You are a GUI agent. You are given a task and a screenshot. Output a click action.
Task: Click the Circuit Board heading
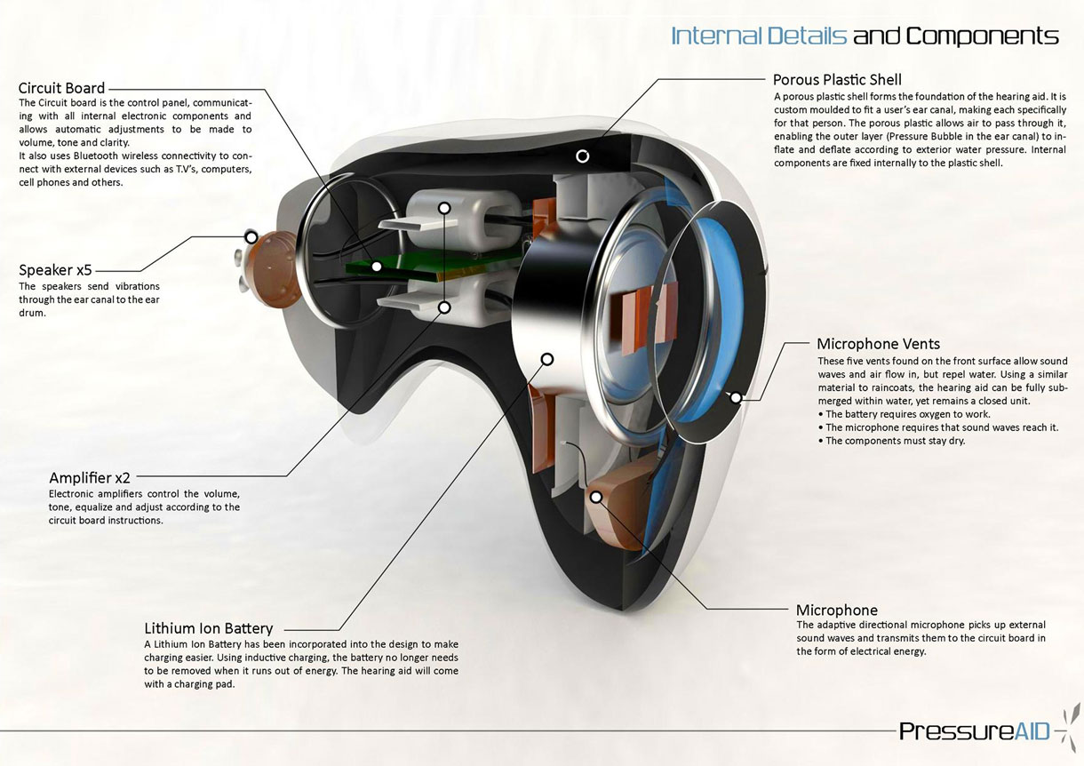[x=61, y=88]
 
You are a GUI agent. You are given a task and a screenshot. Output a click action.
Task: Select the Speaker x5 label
[x=55, y=269]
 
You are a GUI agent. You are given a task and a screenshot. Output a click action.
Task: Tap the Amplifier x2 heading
[x=90, y=478]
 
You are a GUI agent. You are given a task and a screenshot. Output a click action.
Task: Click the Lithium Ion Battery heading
[x=209, y=628]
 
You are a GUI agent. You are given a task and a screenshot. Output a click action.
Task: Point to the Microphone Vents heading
[x=879, y=344]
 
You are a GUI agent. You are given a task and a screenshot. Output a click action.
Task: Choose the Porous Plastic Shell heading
[x=837, y=79]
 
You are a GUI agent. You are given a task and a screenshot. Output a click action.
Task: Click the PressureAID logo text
[x=974, y=730]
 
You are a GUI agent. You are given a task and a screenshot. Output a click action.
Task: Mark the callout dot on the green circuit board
[x=377, y=266]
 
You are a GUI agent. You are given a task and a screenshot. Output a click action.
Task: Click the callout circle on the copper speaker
[x=251, y=237]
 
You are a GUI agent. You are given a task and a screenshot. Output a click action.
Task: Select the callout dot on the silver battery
[x=547, y=360]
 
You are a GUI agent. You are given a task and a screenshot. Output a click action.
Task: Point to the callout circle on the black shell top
[x=583, y=156]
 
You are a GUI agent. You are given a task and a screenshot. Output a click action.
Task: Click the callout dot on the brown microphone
[x=597, y=497]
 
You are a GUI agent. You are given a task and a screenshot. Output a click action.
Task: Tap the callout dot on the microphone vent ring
[x=736, y=398]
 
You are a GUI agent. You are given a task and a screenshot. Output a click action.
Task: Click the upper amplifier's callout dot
[x=444, y=208]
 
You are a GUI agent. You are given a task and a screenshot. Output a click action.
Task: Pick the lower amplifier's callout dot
[x=444, y=307]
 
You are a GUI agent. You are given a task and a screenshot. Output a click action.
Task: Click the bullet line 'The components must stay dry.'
[x=891, y=441]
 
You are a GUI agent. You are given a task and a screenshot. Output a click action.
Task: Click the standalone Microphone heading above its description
[x=837, y=610]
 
